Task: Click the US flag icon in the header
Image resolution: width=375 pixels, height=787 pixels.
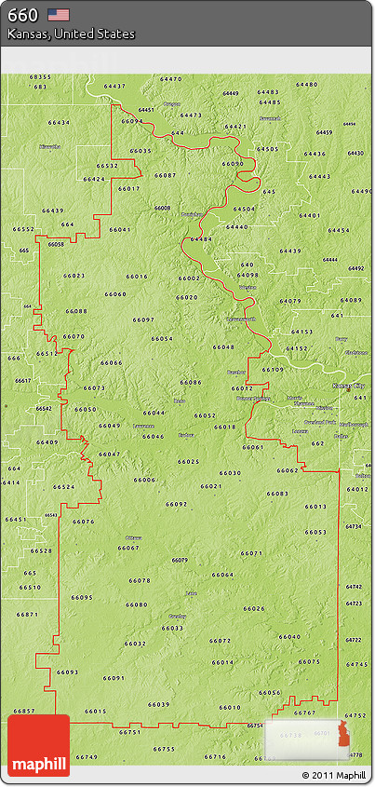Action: click(59, 15)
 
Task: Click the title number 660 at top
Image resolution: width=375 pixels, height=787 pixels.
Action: click(23, 15)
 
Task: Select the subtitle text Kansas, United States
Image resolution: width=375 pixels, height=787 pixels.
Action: click(72, 34)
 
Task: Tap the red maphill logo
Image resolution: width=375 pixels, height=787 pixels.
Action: click(38, 746)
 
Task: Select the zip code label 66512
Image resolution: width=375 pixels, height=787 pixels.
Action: click(107, 166)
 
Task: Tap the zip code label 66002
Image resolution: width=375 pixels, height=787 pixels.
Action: click(189, 278)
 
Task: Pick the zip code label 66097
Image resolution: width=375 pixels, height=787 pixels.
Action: click(143, 319)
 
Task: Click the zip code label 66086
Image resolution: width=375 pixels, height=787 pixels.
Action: click(191, 382)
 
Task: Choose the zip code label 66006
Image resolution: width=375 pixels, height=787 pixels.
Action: click(144, 480)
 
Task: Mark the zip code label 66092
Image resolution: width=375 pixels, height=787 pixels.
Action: click(177, 504)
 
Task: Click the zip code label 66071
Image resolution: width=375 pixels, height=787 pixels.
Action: click(251, 553)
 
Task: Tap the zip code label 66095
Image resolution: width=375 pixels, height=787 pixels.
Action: click(82, 597)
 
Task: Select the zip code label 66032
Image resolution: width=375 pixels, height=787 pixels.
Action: click(135, 644)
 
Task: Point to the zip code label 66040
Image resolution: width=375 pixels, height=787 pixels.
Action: click(289, 636)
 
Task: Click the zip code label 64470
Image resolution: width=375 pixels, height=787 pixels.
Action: click(171, 79)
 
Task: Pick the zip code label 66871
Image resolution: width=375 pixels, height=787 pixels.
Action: click(27, 614)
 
